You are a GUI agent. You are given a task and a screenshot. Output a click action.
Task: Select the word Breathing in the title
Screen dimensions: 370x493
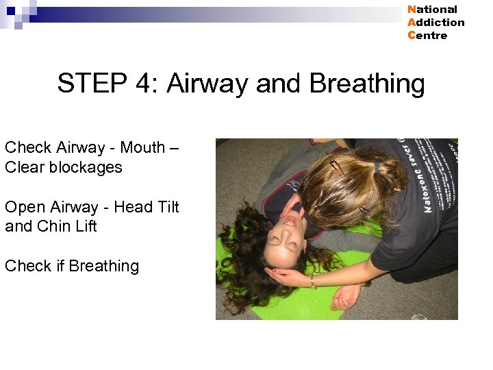[x=367, y=84]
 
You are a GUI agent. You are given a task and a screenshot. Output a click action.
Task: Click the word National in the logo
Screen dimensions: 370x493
[x=432, y=10]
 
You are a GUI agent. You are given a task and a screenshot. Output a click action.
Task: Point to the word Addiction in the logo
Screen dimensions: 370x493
[x=435, y=23]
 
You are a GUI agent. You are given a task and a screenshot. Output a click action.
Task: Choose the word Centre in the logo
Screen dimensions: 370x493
[x=427, y=36]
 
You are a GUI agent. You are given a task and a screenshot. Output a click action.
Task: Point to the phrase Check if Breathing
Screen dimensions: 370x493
[x=72, y=266]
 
